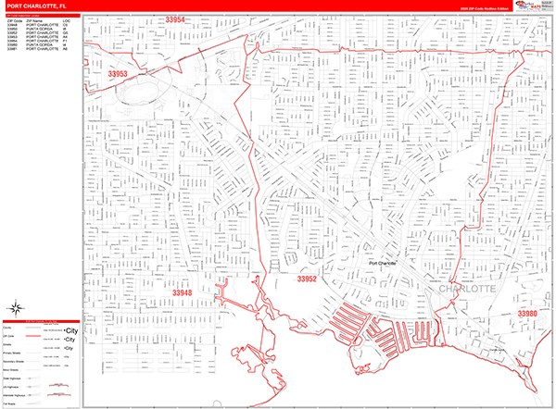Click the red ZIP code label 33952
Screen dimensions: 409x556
pyautogui.click(x=308, y=278)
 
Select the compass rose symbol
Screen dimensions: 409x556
pyautogui.click(x=18, y=309)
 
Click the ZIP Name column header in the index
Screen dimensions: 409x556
pyautogui.click(x=34, y=19)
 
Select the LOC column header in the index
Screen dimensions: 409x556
pyautogui.click(x=66, y=19)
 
